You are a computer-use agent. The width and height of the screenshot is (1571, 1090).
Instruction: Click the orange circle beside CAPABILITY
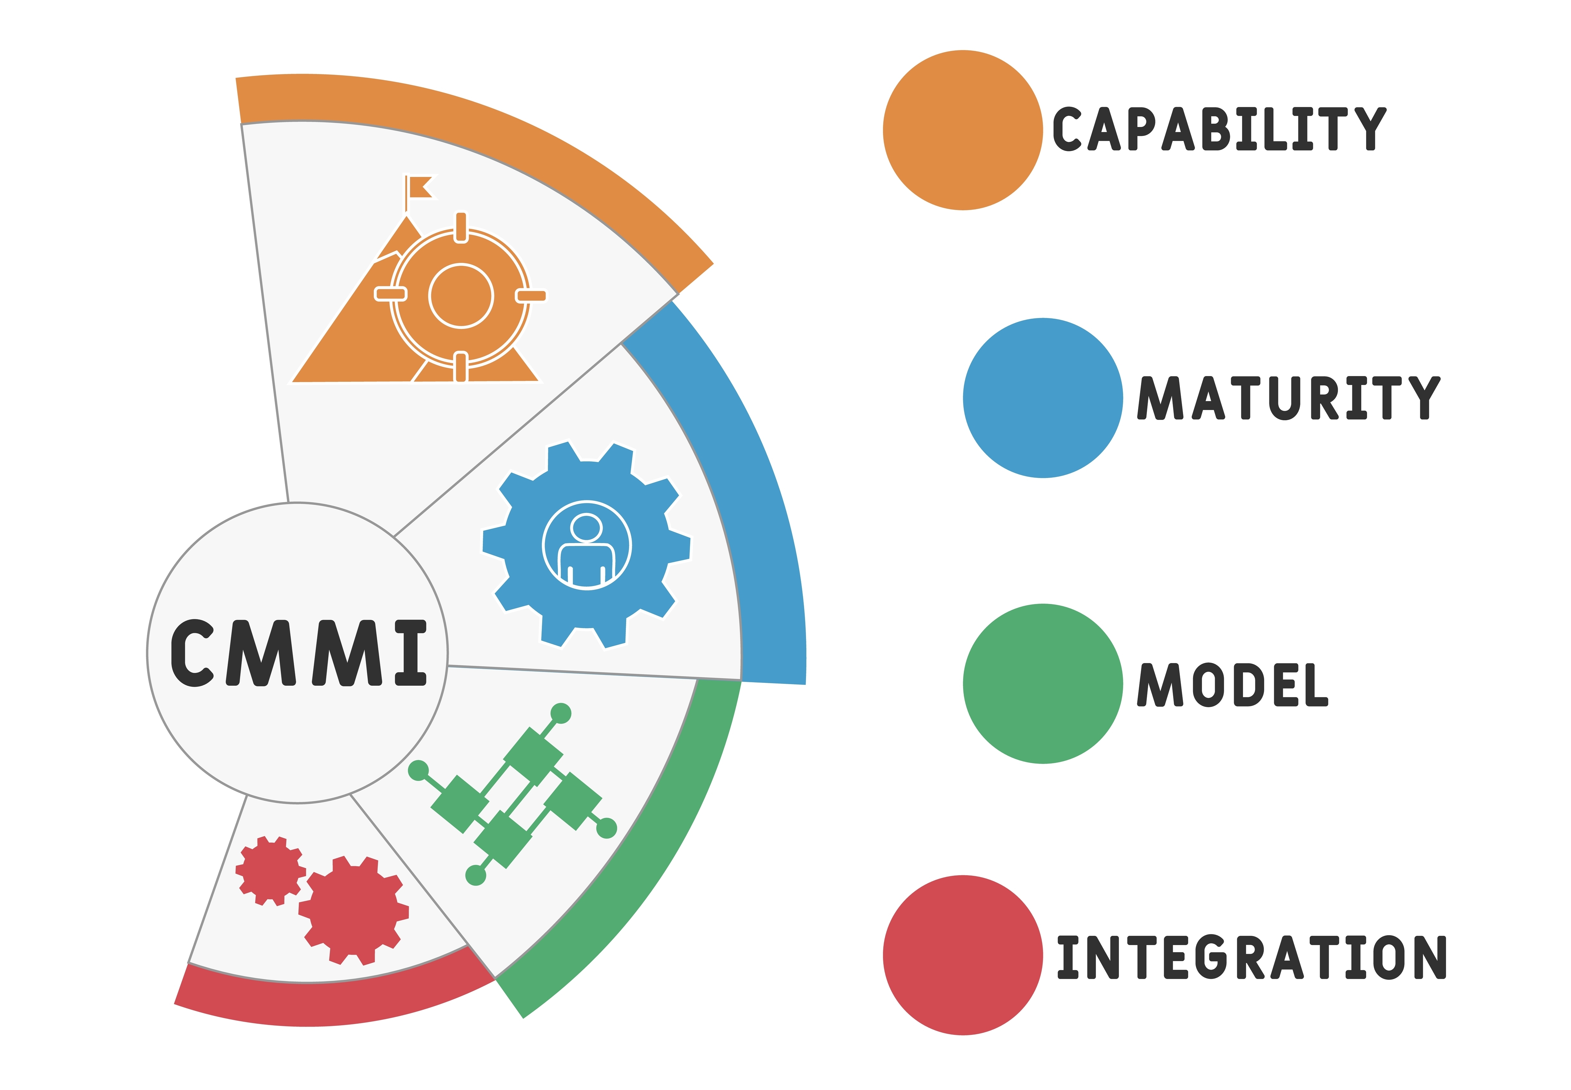[x=962, y=130]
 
